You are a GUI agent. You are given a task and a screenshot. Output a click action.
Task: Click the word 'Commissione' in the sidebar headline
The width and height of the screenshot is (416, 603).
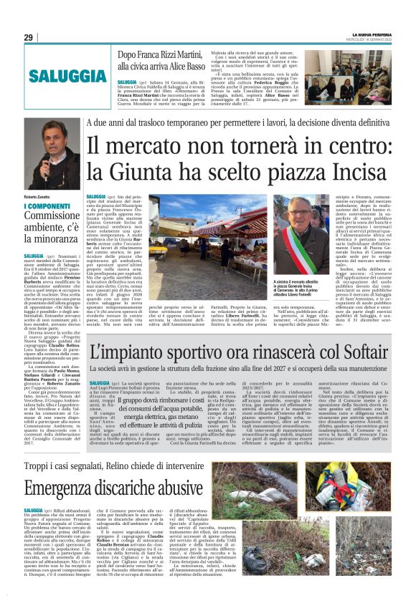52,218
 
